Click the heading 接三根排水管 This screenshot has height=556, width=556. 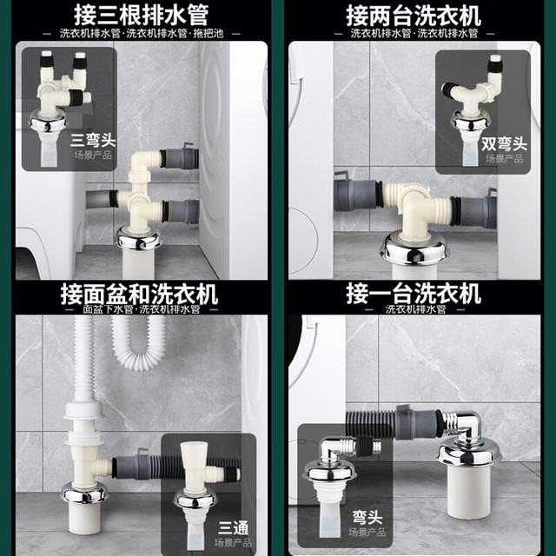tap(141, 15)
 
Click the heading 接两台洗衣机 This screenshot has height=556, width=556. tap(414, 16)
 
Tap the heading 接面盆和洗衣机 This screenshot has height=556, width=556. tap(139, 294)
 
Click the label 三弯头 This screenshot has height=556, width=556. tap(93, 141)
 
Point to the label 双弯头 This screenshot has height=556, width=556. tap(504, 143)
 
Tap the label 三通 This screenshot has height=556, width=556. tap(233, 528)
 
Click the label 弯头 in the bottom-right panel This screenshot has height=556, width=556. tap(367, 518)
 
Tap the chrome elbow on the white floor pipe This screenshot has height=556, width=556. tap(461, 426)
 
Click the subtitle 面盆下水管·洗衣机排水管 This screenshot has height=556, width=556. tap(142, 309)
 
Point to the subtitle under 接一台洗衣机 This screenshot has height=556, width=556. tap(415, 309)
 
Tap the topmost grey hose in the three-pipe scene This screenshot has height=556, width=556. tap(180, 157)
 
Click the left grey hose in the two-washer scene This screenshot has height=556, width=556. tap(357, 195)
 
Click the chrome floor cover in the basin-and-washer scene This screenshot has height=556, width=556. tap(84, 493)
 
